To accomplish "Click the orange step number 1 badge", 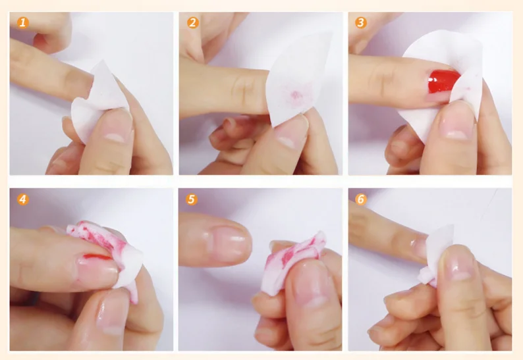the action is coord(22,22).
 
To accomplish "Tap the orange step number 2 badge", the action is coord(193,22).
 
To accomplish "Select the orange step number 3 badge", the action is coord(360,22).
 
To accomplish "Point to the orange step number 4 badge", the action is coord(22,199).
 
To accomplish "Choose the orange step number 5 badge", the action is coord(192,199).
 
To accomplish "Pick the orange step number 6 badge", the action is coord(360,199).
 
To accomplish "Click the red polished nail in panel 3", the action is coord(443,81).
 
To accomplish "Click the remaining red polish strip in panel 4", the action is coord(97,257).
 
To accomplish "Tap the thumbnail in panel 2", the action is coord(292,132).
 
